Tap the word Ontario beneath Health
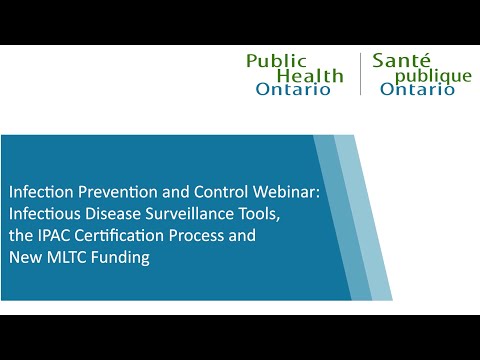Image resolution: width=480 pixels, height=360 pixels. pos(293,89)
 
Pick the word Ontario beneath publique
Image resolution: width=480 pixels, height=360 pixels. pos(418,89)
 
